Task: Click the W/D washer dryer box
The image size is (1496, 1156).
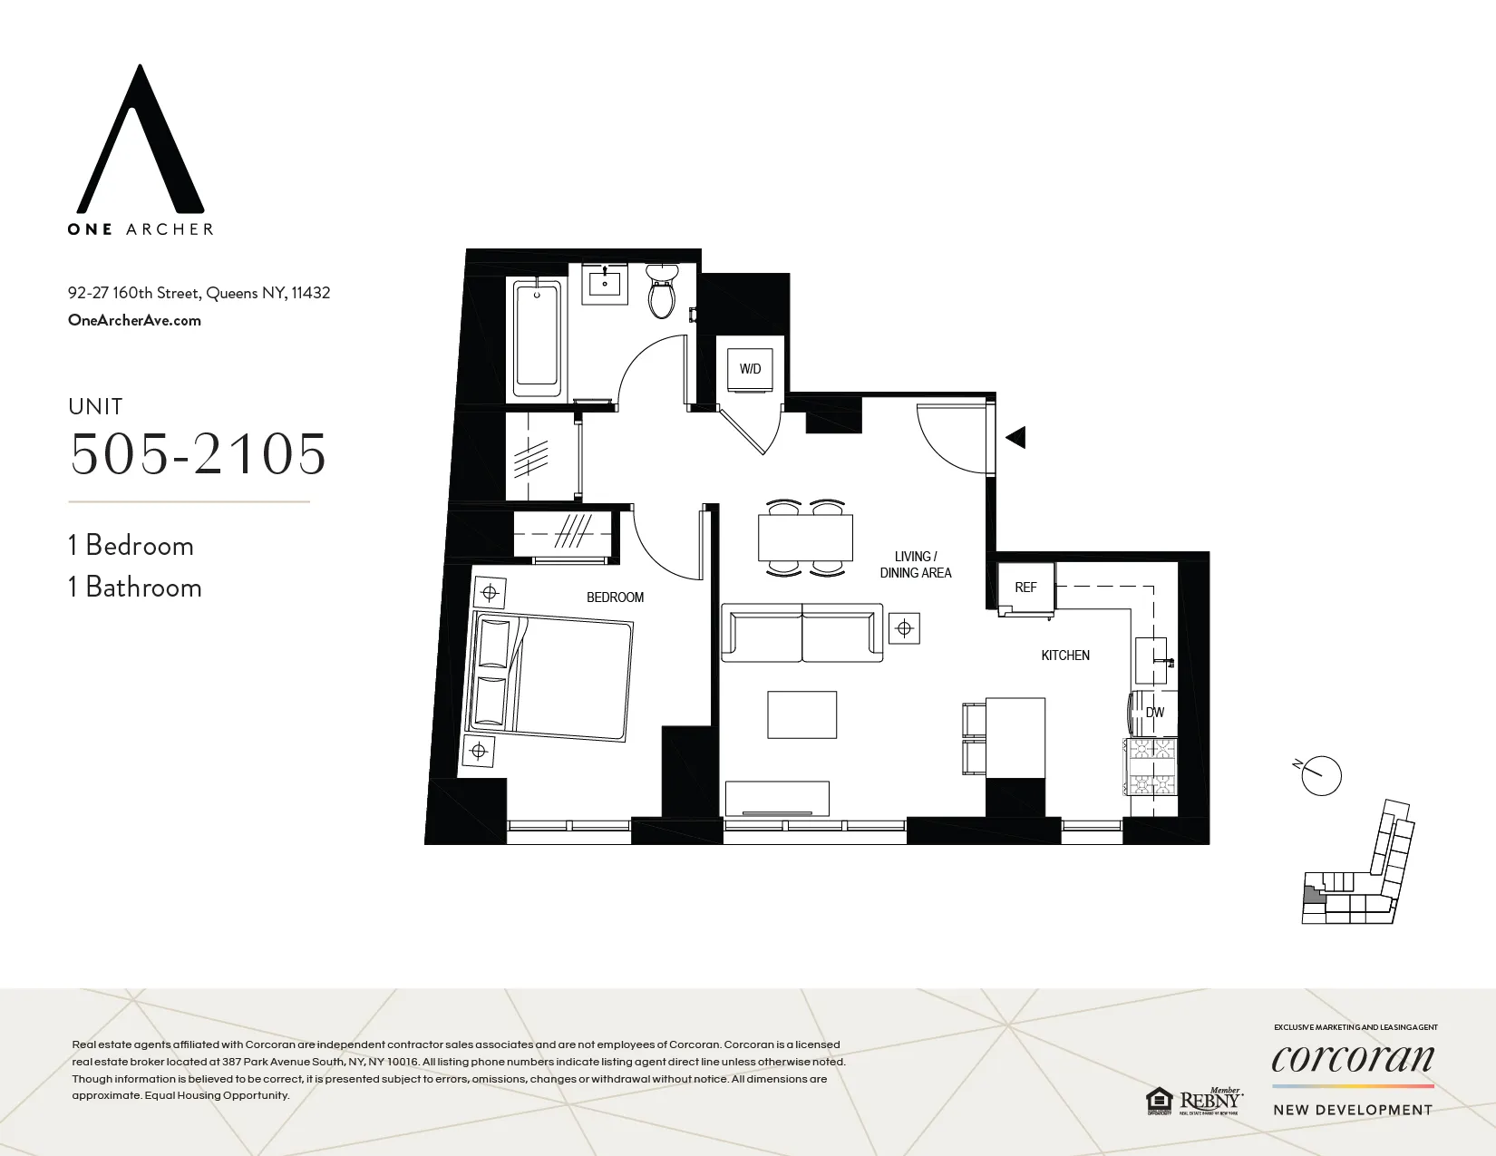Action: [x=750, y=369]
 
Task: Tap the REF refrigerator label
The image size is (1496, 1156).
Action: [x=1025, y=588]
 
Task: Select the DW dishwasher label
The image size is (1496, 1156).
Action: [x=1154, y=713]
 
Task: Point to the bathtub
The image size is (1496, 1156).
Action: [x=537, y=337]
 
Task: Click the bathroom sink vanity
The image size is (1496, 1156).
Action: [x=605, y=282]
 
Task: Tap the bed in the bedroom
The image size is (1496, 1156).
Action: [x=549, y=675]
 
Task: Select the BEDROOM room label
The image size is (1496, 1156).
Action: [x=615, y=597]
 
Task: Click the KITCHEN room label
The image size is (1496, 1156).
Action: [x=1064, y=656]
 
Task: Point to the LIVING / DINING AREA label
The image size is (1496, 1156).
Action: [x=915, y=565]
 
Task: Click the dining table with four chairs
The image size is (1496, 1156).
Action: [x=805, y=539]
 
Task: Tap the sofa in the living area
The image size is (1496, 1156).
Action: [x=801, y=633]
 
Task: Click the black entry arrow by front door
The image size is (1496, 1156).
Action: [x=1015, y=437]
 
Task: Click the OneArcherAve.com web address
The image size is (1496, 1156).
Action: [x=134, y=320]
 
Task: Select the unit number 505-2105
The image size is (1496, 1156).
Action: [x=198, y=454]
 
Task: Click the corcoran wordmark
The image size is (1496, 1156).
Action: [x=1353, y=1059]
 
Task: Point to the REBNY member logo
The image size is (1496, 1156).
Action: [x=1209, y=1101]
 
